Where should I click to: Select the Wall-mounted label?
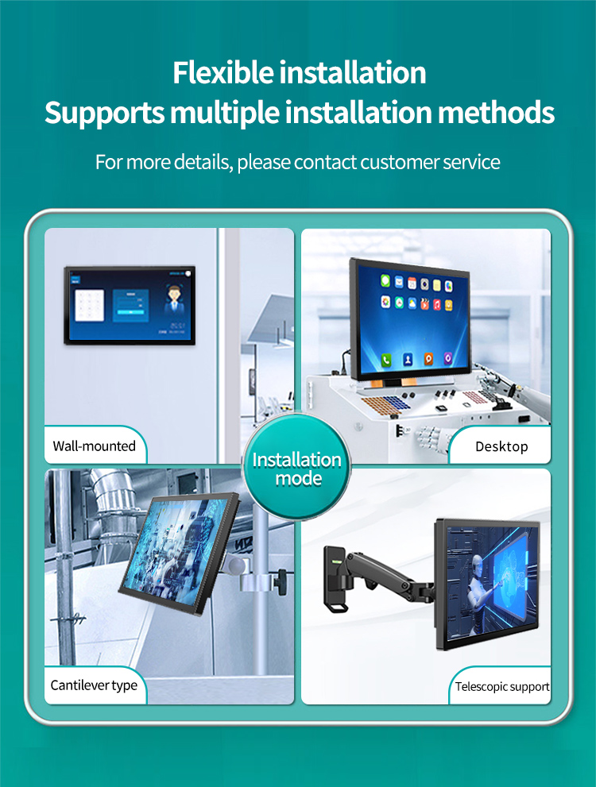click(x=94, y=446)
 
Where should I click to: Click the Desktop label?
click(x=501, y=446)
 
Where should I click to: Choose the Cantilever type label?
click(x=94, y=685)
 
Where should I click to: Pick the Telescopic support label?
click(x=502, y=686)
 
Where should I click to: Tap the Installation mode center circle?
click(x=296, y=469)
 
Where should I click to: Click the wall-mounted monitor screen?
click(x=130, y=305)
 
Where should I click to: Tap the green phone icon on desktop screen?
click(x=386, y=359)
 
